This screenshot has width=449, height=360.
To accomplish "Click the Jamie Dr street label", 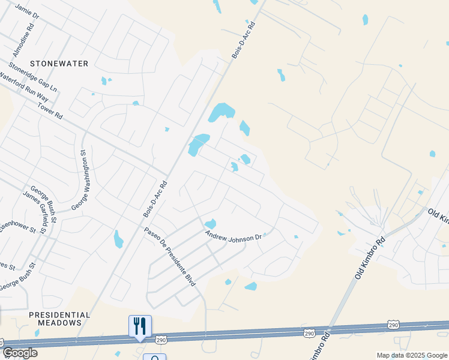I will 26,11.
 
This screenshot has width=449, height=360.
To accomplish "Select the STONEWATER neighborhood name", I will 59,64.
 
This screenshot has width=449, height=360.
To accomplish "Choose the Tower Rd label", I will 49,109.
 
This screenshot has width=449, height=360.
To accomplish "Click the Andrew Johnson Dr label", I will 234,236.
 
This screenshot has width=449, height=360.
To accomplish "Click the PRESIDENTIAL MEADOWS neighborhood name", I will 59,319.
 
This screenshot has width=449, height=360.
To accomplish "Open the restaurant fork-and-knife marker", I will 140,326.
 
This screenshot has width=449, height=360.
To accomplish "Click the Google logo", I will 20,353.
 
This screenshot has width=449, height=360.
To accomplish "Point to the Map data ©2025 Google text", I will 412,355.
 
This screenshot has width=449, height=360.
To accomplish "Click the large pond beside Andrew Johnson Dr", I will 210,224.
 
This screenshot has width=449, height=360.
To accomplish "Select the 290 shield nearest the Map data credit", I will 393,325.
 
